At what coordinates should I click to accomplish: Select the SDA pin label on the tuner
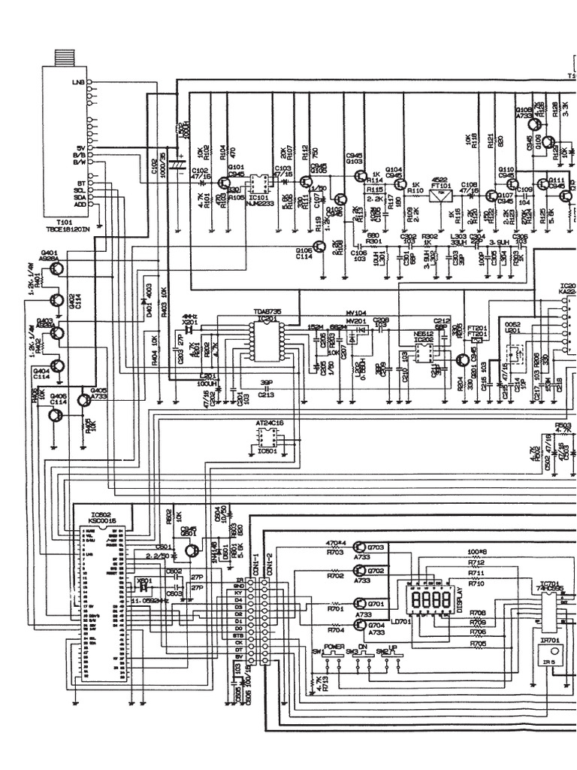click(79, 197)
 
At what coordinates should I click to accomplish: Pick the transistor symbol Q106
click(320, 246)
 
